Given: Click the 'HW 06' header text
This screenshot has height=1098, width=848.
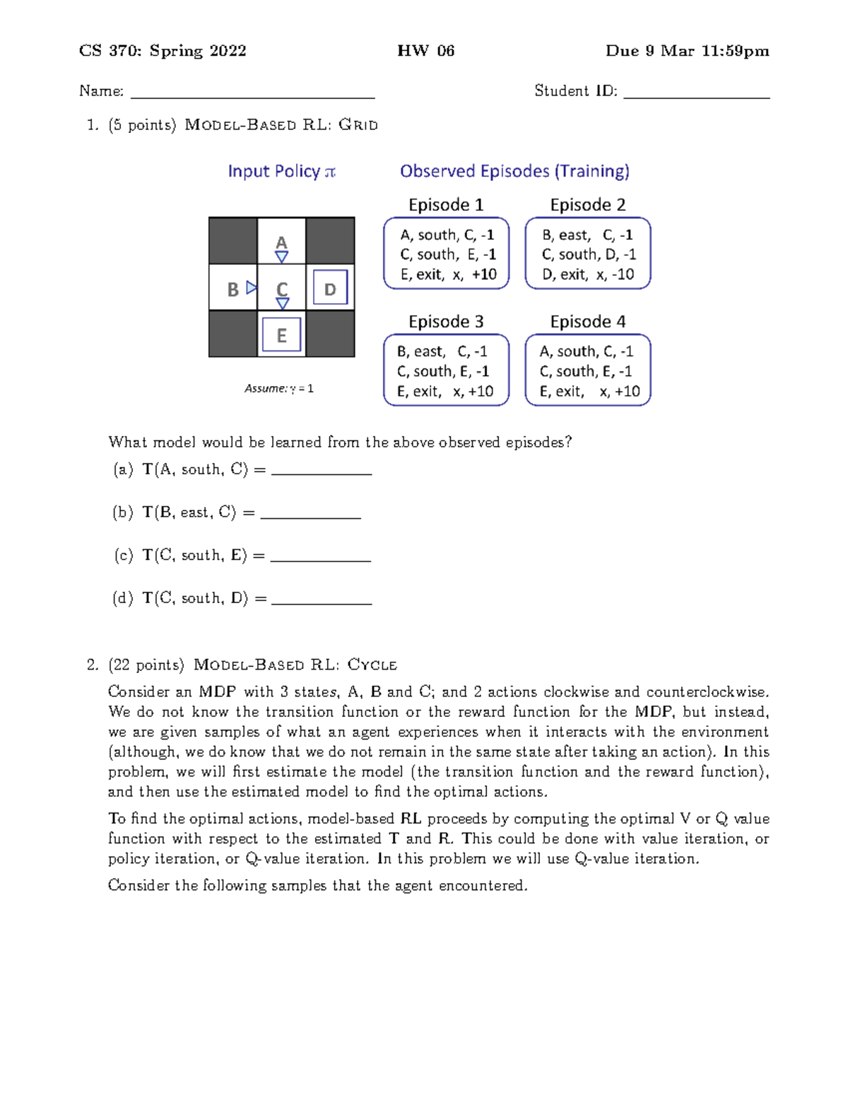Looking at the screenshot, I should (x=425, y=51).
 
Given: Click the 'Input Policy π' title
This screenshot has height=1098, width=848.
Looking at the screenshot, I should (x=281, y=172).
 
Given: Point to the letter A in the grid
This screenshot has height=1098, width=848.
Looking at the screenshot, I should (x=281, y=243).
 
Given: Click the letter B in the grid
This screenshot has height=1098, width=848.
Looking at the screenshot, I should (x=232, y=290).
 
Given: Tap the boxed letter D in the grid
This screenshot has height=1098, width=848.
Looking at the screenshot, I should (x=330, y=288).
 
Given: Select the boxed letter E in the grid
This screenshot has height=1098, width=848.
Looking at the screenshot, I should (x=281, y=335).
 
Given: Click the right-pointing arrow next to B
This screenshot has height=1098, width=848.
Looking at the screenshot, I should (x=252, y=288).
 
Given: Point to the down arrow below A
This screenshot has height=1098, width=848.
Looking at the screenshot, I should (x=281, y=257).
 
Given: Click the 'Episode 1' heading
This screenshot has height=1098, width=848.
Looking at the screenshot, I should (x=446, y=205).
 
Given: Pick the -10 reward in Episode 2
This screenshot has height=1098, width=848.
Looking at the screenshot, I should (x=623, y=274).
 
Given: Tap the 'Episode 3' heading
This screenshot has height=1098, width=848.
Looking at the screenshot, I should (x=446, y=322).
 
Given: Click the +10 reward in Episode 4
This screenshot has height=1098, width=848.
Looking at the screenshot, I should (x=627, y=391).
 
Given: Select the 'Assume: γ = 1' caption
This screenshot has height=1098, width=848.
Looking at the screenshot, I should (x=279, y=388).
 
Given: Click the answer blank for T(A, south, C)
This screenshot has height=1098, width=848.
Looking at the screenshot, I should (x=322, y=474).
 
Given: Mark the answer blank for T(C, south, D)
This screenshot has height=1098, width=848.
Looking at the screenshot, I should (x=322, y=602).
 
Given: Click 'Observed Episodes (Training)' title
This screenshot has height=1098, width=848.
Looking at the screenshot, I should (x=514, y=172).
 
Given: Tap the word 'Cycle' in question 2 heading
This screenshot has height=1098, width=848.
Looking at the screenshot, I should (x=372, y=665).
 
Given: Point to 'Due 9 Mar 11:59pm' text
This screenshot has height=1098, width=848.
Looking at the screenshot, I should (x=687, y=51).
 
